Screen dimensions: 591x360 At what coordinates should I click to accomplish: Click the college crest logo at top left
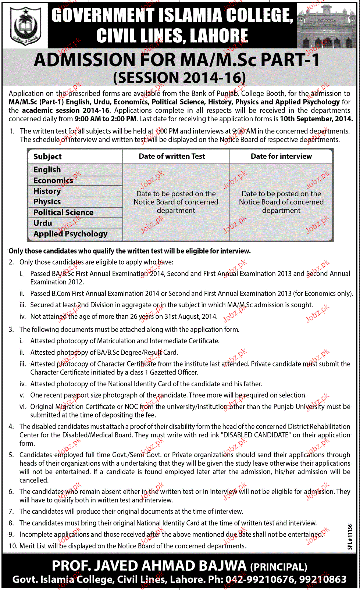click(25, 26)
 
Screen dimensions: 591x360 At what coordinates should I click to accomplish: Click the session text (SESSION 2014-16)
click(179, 78)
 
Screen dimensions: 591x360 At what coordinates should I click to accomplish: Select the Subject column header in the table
click(47, 157)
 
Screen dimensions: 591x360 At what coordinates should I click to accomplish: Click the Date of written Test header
click(172, 156)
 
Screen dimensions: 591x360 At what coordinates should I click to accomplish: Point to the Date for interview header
click(281, 156)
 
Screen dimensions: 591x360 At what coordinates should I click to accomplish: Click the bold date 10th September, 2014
click(316, 119)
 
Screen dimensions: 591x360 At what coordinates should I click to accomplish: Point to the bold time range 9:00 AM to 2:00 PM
click(105, 119)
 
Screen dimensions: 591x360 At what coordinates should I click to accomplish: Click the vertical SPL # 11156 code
click(350, 537)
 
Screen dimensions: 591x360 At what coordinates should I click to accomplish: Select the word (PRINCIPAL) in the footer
click(278, 567)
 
